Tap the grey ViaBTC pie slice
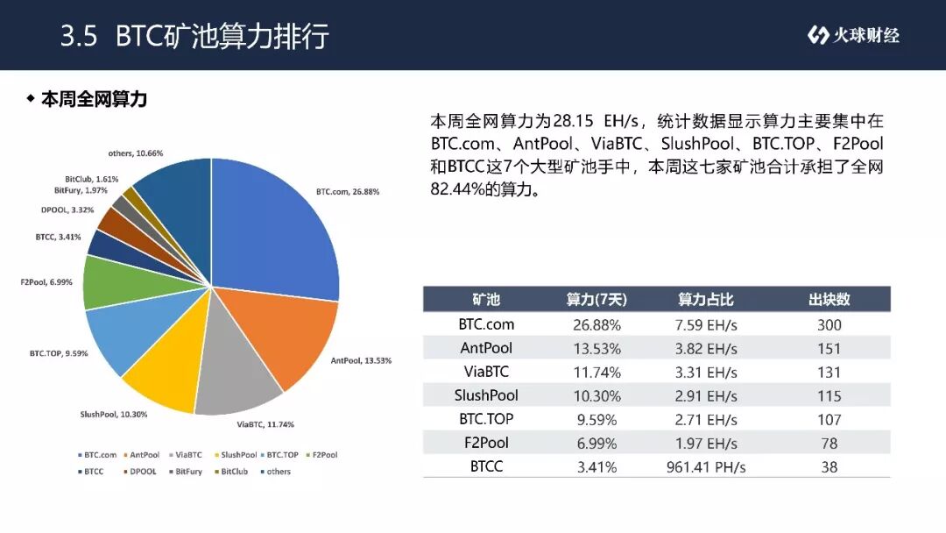click(x=236, y=374)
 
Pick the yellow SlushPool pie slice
click(x=169, y=368)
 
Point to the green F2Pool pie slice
click(x=121, y=282)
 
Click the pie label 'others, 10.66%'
click(x=136, y=153)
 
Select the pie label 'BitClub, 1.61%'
click(x=92, y=180)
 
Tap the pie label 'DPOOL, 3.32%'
click(x=67, y=210)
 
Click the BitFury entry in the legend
click(x=186, y=472)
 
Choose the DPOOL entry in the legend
click(x=140, y=472)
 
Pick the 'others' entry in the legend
click(x=276, y=472)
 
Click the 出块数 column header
click(x=829, y=300)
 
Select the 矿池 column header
click(x=486, y=300)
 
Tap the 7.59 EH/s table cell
click(x=706, y=325)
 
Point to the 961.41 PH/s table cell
click(x=706, y=467)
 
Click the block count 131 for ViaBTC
click(x=829, y=373)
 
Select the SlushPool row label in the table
click(x=486, y=396)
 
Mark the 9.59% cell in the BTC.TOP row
click(x=597, y=420)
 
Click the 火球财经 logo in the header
click(x=853, y=35)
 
